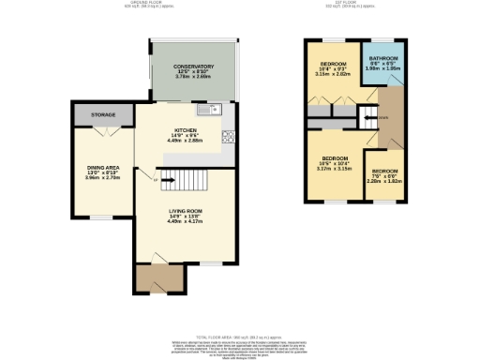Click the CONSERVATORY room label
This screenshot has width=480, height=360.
pos(194,67)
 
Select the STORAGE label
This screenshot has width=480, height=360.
pos(103,115)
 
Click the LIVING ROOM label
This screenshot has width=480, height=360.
pos(185,211)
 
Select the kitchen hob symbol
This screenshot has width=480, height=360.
pos(227,138)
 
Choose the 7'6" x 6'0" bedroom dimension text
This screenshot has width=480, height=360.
pos(385,177)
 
